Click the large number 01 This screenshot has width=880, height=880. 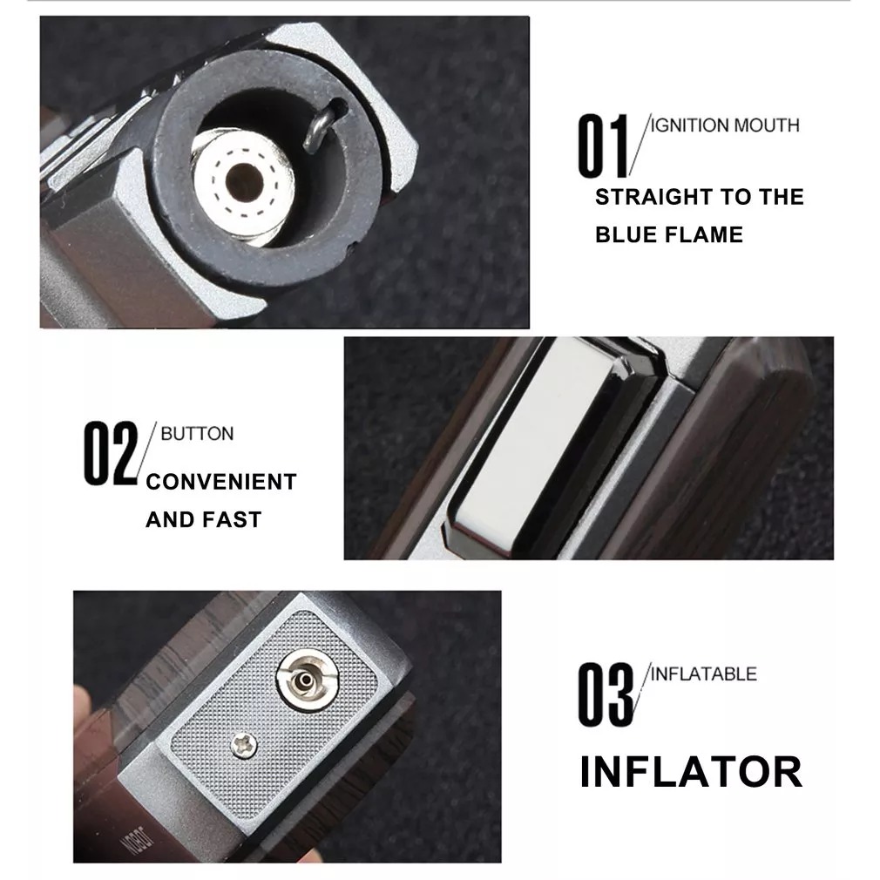(x=603, y=146)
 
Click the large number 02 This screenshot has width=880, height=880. (x=111, y=453)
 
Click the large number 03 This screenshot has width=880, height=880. (x=606, y=694)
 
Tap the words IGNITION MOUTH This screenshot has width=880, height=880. (x=725, y=125)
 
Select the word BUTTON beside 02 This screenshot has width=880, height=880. (x=197, y=434)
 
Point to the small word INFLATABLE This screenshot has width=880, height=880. (x=703, y=674)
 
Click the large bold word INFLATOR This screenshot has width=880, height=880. (x=691, y=772)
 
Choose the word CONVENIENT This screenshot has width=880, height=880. (x=221, y=482)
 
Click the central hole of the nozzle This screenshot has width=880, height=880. (x=244, y=182)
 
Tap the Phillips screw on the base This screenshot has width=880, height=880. (x=244, y=745)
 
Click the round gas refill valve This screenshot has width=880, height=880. (x=307, y=680)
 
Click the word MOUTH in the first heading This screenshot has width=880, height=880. (x=767, y=125)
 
